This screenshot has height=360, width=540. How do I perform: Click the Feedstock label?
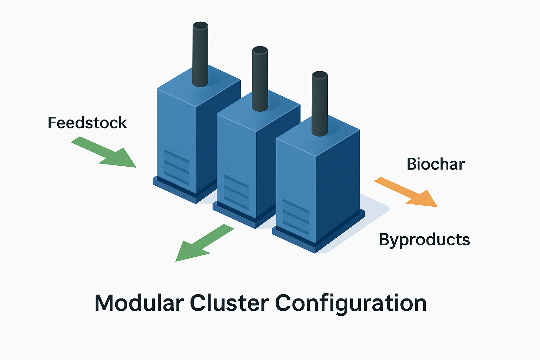(87, 123)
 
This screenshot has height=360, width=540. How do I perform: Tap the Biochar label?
(435, 164)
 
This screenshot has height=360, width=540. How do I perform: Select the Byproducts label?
(424, 240)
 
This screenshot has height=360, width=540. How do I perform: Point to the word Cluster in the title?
(229, 303)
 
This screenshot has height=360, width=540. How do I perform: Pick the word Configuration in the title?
(351, 304)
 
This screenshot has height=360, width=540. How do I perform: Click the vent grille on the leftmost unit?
(176, 167)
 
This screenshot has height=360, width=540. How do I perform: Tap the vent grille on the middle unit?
(236, 192)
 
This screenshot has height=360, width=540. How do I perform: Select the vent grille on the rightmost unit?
(296, 217)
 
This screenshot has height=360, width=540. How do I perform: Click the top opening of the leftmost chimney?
(200, 26)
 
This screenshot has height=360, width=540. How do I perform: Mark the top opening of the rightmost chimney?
(320, 75)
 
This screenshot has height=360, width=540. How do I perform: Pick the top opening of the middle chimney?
(260, 50)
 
